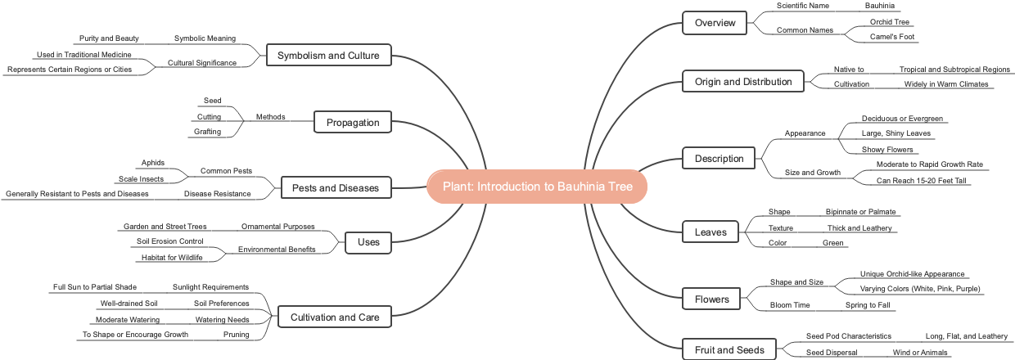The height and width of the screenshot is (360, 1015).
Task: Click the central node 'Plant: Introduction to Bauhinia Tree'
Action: coord(537,187)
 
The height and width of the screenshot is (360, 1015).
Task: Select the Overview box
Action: coord(715,23)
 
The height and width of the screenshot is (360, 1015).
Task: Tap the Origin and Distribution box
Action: coord(743,82)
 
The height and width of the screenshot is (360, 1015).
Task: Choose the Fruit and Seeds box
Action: coord(728,350)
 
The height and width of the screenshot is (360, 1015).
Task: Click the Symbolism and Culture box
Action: coord(328,56)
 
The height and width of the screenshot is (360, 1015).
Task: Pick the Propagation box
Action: coord(353,123)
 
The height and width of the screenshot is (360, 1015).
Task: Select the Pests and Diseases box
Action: coord(336,188)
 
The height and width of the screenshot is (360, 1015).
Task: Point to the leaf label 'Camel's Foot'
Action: coord(892,37)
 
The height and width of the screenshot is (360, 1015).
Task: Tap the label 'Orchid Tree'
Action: coord(891,22)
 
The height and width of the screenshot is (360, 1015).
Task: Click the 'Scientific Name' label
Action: coord(803,6)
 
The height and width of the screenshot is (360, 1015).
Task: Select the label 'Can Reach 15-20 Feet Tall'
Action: coord(923,180)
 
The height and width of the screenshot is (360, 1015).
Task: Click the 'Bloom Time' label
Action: coord(790,305)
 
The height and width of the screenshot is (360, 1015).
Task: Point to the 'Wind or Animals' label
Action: coord(920,352)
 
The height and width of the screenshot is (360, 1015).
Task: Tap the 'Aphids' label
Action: coord(153,163)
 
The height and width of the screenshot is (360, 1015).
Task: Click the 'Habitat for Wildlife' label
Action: coord(172,258)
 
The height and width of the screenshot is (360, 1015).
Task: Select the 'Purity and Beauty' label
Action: coord(109,38)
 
